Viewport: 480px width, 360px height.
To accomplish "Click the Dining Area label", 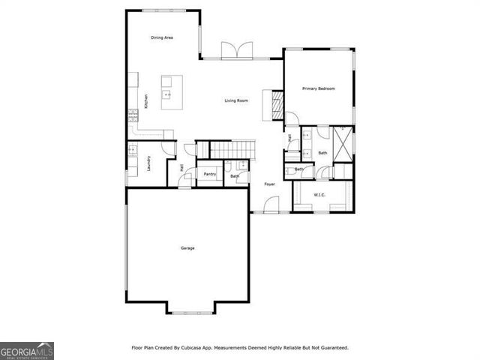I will (162, 37).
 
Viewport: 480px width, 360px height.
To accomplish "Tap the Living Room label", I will (236, 100).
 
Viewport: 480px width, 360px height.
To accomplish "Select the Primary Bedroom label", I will (318, 89).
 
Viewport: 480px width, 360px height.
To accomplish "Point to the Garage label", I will (187, 248).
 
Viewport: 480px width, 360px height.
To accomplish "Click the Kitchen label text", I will (146, 100).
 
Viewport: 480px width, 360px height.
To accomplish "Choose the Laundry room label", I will (149, 163).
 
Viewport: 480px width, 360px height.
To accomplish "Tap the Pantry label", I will (209, 175).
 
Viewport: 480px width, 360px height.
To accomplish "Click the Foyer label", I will (269, 184).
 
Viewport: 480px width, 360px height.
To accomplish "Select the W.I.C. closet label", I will (319, 196).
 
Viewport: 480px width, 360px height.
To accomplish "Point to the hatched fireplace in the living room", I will (275, 105).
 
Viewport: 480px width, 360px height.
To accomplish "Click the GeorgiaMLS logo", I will (26, 351).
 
